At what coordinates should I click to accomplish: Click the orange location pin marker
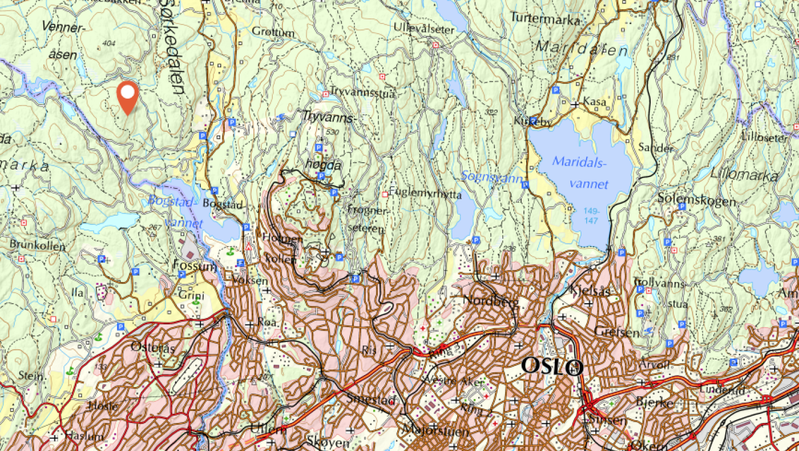tap(128, 96)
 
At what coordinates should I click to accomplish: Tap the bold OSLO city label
tap(551, 367)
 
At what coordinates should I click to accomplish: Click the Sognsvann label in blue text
tap(492, 178)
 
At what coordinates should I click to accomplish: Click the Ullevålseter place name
tap(424, 27)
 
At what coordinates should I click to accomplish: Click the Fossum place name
tap(195, 266)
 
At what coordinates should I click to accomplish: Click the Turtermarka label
tap(545, 18)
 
